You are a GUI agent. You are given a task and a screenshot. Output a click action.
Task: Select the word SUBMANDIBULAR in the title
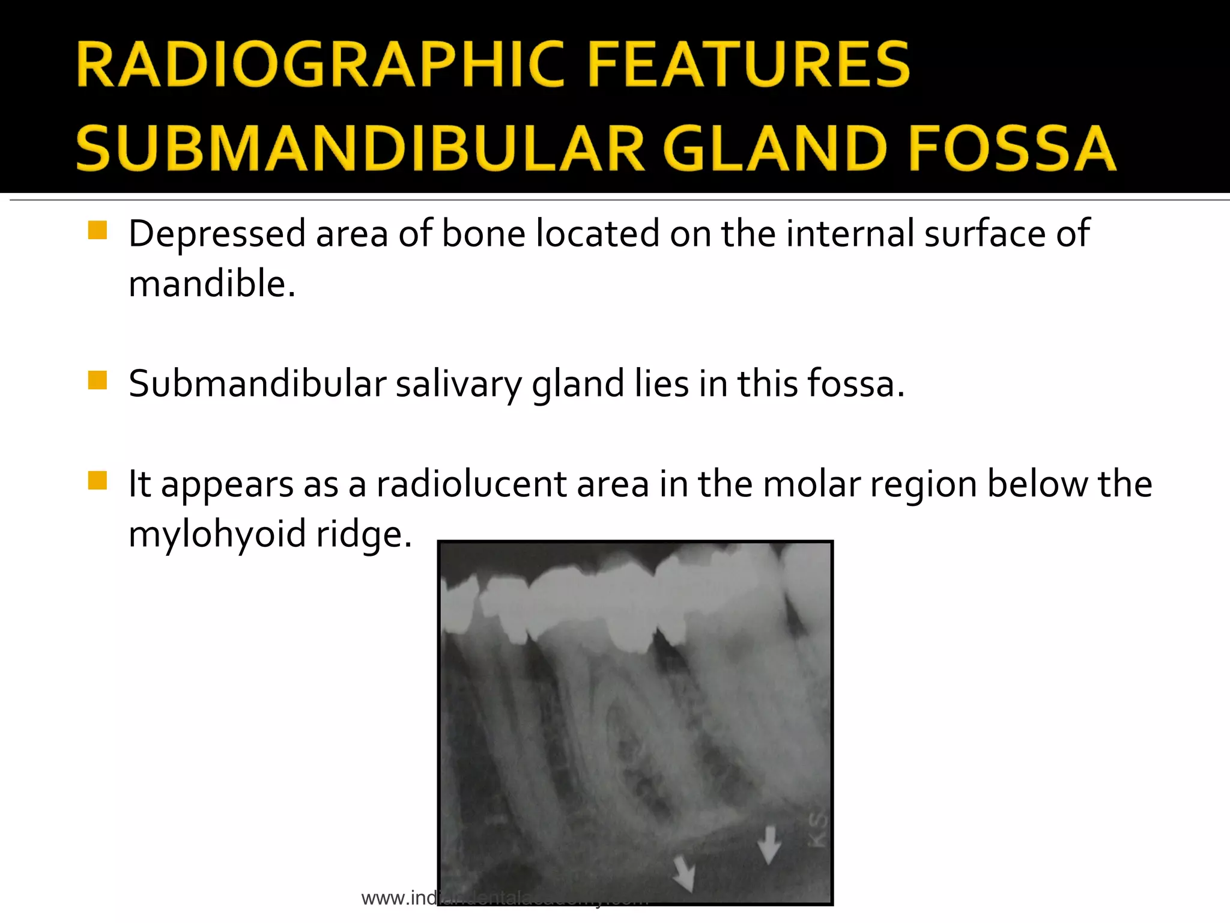[x=360, y=148]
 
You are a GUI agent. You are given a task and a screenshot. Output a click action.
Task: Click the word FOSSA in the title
[x=1013, y=148]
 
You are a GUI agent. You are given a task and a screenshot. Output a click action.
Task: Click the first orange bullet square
[x=97, y=230]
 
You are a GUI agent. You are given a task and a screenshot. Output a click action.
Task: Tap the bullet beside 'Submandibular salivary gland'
[x=97, y=380]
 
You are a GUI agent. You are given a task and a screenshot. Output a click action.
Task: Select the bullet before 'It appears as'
[x=97, y=481]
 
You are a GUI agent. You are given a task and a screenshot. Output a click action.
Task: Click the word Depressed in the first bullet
[x=217, y=234]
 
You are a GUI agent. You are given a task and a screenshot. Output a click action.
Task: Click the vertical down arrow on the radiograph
[x=769, y=844]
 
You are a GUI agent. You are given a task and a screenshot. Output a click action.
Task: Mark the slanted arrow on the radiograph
[x=683, y=873]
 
